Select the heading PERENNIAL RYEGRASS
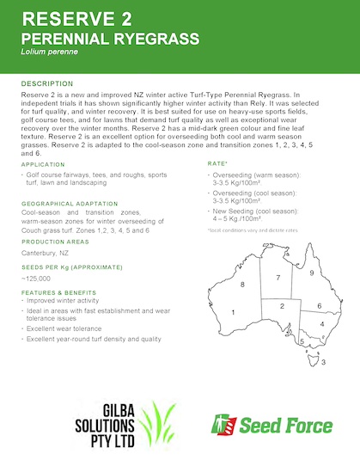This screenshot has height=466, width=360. (x=110, y=39)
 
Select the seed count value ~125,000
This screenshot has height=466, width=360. (x=37, y=279)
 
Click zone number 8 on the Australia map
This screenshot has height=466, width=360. (x=242, y=284)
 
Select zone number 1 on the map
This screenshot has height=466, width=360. (x=233, y=314)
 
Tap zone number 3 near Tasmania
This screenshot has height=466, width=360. (x=322, y=362)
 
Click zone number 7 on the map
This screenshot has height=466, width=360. (x=278, y=279)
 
